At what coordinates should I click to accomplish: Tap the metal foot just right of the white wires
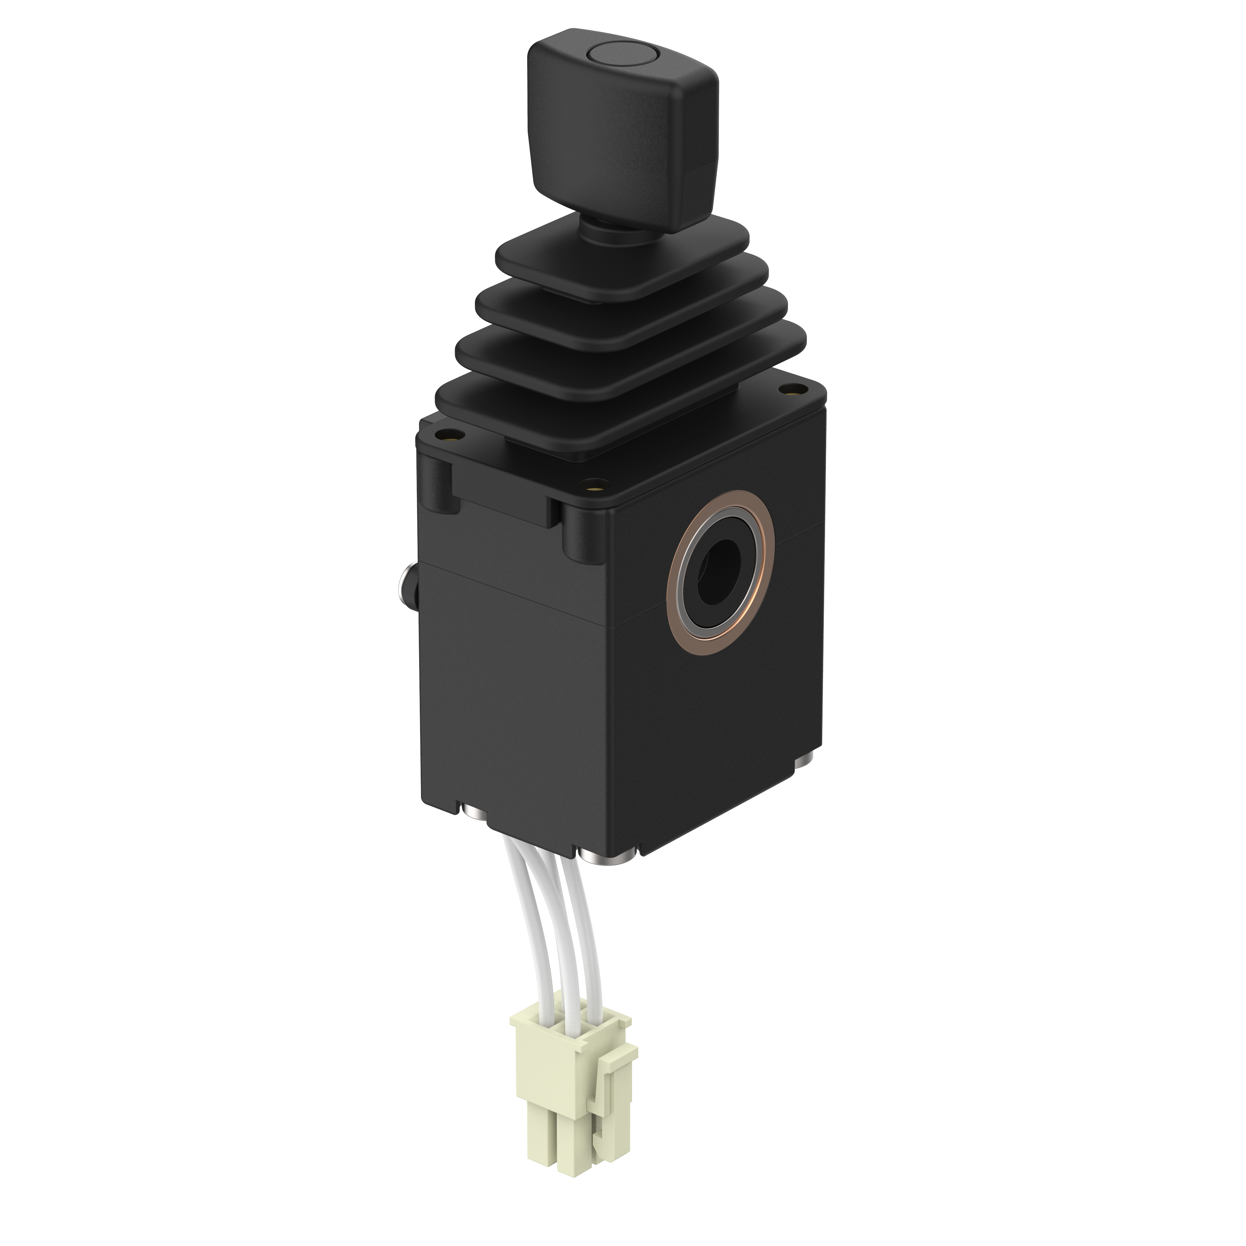(x=606, y=858)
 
